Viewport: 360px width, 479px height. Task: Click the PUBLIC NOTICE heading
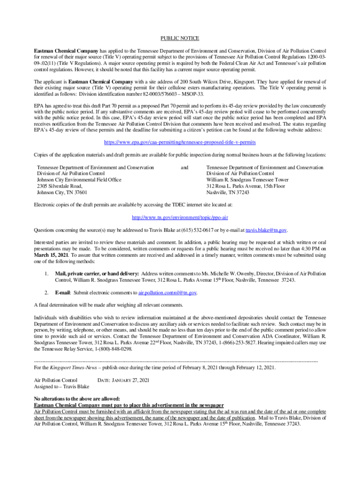tap(180, 38)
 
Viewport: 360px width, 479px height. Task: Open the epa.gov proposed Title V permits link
tap(180, 142)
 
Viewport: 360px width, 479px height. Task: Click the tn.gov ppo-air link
tap(180, 218)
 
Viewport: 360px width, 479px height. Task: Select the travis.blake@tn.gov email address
tap(266, 230)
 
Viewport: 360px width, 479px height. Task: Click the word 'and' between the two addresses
tap(185, 167)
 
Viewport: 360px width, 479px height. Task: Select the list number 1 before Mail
tap(47, 273)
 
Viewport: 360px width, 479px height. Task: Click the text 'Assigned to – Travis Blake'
tap(62, 387)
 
